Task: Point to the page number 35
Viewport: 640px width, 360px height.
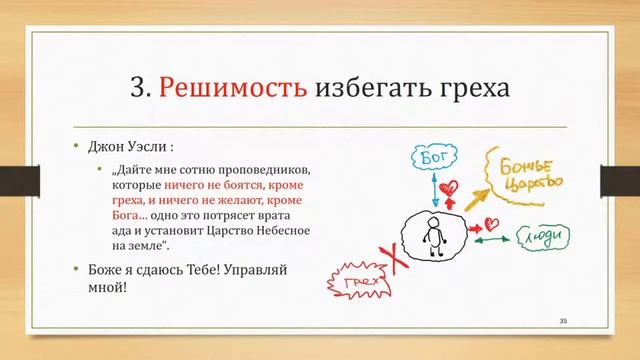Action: tap(563, 320)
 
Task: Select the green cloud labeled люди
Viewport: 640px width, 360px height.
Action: tap(544, 236)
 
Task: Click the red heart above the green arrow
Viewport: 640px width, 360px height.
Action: tap(491, 222)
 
